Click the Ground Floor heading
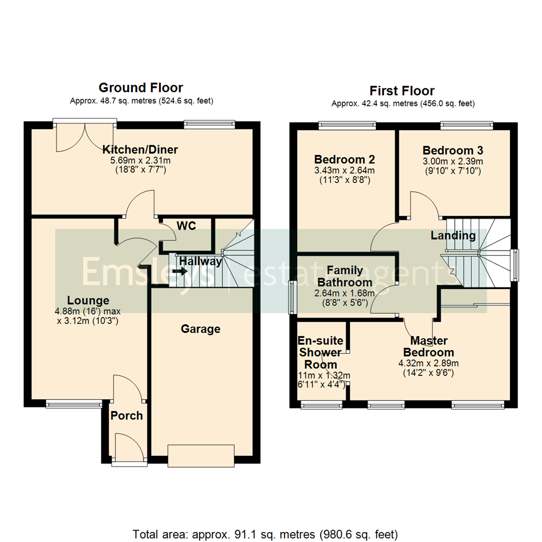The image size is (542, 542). click(x=141, y=88)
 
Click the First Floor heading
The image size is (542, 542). click(x=402, y=91)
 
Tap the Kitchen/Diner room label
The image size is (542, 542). click(x=141, y=149)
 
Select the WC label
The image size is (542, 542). click(x=186, y=225)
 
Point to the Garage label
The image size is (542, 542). click(x=201, y=329)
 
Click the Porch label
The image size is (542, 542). click(x=126, y=416)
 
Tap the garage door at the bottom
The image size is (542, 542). click(x=201, y=455)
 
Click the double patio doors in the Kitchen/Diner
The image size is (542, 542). click(x=85, y=135)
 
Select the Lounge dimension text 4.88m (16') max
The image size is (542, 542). click(x=88, y=311)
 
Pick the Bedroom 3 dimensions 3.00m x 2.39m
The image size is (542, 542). click(x=452, y=162)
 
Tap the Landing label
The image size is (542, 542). click(x=453, y=235)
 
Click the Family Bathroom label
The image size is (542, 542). click(x=344, y=276)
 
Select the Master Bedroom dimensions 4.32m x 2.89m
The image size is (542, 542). click(x=429, y=363)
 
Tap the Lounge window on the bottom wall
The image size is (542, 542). click(x=73, y=402)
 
